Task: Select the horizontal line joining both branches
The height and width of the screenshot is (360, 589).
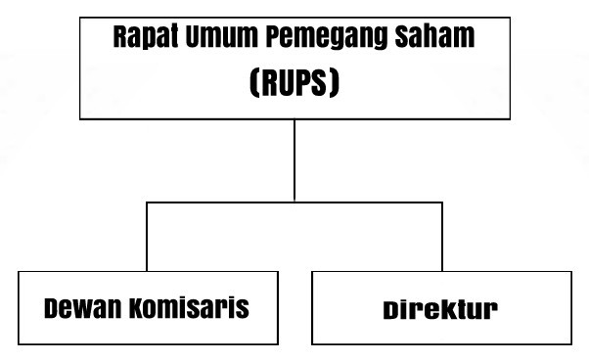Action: (x=220, y=202)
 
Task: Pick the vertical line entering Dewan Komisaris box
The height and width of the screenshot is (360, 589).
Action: (x=147, y=240)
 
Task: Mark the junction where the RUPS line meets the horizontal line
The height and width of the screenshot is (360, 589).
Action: (x=294, y=202)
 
